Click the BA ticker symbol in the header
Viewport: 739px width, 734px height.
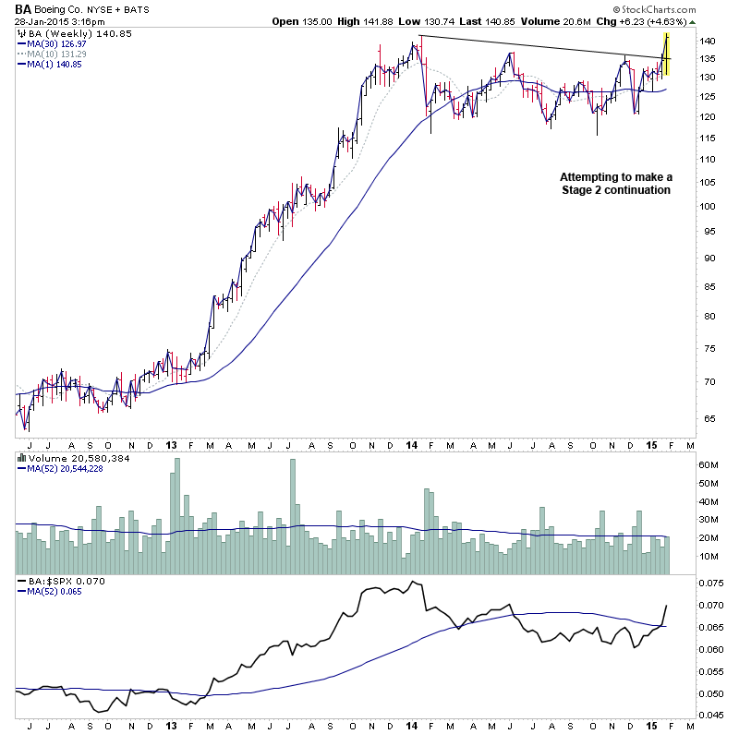pyautogui.click(x=23, y=9)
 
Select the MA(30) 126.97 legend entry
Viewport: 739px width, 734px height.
pyautogui.click(x=58, y=42)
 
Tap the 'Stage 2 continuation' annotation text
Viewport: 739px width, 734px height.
pyautogui.click(x=615, y=190)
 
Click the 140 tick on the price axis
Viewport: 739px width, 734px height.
pyautogui.click(x=683, y=42)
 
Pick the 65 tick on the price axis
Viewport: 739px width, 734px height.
pyautogui.click(x=681, y=418)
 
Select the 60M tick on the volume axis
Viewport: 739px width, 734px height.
pyautogui.click(x=683, y=465)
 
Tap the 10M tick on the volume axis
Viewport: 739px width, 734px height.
pyautogui.click(x=683, y=556)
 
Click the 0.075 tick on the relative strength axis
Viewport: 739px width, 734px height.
pyautogui.click(x=685, y=584)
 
